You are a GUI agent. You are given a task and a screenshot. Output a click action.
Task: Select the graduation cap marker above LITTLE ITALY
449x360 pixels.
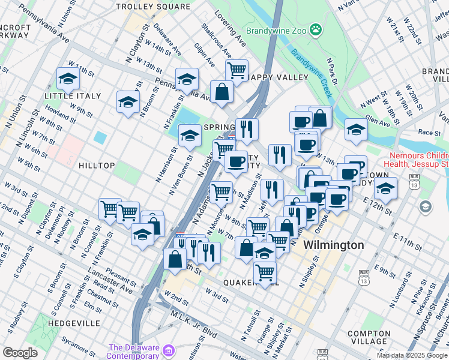click(68, 79)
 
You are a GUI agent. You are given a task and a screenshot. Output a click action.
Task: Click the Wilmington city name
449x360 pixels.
click(333, 245)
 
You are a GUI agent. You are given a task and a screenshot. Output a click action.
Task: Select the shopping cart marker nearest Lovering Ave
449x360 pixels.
click(237, 70)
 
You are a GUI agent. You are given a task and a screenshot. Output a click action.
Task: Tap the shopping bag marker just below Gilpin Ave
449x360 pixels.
click(221, 92)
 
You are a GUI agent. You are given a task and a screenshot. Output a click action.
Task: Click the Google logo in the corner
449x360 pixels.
click(20, 353)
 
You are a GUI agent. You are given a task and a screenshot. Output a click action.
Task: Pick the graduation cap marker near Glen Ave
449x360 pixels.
click(356, 129)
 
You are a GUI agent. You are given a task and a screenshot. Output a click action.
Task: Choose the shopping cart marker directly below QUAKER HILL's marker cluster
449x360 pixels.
click(265, 272)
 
